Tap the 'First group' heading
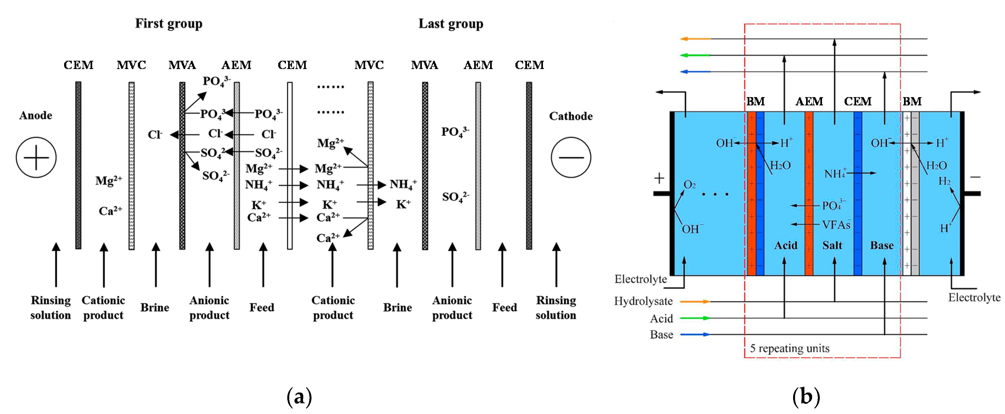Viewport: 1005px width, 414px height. (169, 24)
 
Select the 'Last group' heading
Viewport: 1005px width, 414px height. (451, 24)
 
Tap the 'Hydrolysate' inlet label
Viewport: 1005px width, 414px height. (643, 301)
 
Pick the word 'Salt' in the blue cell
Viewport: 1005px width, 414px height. (832, 245)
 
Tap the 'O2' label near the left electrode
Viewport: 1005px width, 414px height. (690, 185)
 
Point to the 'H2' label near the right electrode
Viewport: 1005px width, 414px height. (944, 181)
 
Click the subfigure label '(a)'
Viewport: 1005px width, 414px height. (299, 397)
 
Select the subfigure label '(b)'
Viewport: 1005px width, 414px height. (806, 397)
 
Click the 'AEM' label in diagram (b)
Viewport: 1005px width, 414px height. (809, 102)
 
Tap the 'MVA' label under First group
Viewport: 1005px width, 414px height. (182, 65)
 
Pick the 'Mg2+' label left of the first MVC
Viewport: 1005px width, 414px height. (109, 180)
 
